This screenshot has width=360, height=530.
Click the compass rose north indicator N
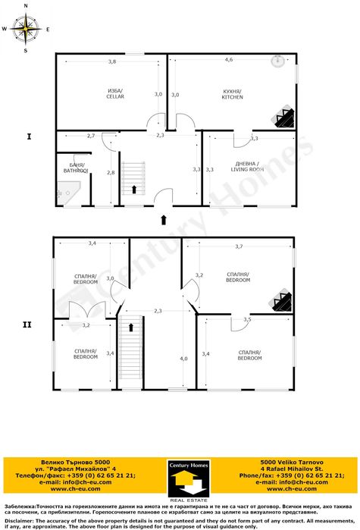click(27, 5)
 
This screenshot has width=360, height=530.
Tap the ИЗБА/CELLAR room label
click(115, 94)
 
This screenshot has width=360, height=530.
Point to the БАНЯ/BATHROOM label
click(76, 168)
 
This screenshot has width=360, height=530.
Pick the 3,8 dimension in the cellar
click(112, 61)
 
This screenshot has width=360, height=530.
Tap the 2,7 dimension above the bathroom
click(91, 136)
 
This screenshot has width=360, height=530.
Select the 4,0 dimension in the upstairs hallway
click(183, 359)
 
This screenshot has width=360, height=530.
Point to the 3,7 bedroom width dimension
click(239, 246)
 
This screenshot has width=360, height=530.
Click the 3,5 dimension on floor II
click(247, 320)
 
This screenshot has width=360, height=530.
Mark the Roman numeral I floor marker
click(28, 136)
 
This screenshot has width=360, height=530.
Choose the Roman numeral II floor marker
click(27, 325)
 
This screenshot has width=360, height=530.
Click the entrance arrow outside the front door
click(163, 220)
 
